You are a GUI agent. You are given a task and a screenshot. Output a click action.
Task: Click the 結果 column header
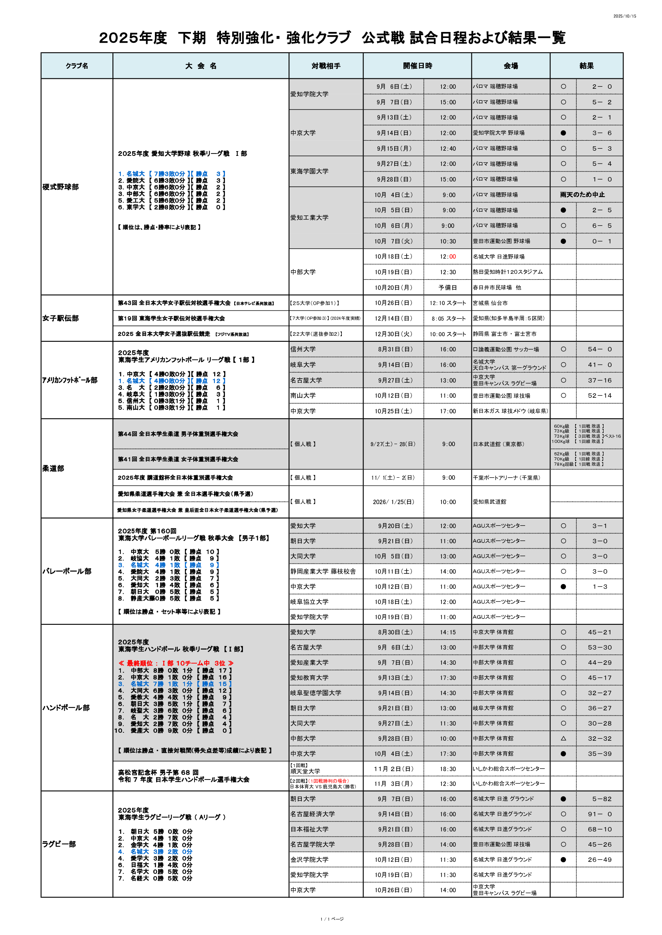[586, 66]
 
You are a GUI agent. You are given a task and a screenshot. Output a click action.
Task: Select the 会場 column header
[510, 66]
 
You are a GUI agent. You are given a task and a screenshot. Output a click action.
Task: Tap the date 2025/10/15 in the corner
[624, 16]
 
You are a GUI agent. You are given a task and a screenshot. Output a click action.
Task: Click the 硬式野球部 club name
[60, 187]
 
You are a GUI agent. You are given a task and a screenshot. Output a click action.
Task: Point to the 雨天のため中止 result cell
[582, 195]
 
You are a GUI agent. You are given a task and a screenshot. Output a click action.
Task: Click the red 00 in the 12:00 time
[452, 257]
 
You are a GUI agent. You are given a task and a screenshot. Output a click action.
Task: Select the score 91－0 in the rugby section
[600, 814]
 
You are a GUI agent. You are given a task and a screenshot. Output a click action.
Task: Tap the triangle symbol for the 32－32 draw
[564, 738]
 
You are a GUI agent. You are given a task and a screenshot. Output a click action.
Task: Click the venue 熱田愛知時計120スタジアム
[508, 272]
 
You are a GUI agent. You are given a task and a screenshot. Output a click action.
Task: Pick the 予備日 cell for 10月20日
[447, 287]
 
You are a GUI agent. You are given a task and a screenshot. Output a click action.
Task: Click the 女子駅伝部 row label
[60, 318]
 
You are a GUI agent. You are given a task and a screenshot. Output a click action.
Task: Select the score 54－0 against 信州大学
[600, 349]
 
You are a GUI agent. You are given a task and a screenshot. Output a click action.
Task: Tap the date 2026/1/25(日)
[393, 502]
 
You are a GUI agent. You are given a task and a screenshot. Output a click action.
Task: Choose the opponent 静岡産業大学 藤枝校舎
[323, 571]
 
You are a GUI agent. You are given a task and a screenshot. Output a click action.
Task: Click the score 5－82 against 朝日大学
[600, 799]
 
